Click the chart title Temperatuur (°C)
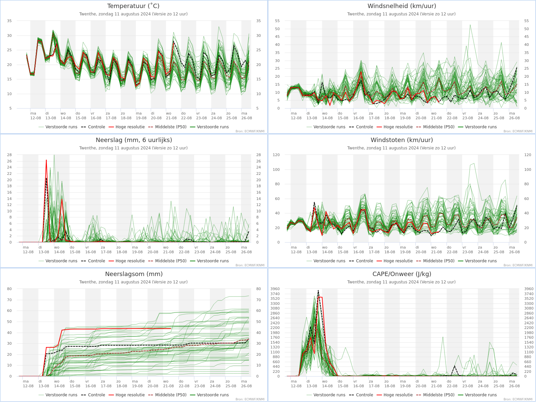click(133, 6)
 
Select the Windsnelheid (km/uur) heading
click(402, 6)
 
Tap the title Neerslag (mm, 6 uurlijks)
click(134, 140)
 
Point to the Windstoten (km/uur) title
click(402, 140)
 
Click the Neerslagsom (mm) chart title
click(134, 274)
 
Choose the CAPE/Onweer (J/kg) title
click(402, 274)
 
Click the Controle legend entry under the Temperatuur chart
click(93, 127)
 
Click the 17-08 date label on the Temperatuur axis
click(111, 118)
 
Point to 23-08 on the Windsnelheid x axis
click(468, 118)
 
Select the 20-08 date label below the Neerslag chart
click(153, 252)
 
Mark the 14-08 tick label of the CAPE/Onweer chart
click(327, 386)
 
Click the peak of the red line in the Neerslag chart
click(46, 160)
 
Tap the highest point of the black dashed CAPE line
click(318, 290)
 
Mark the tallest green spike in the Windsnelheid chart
click(470, 25)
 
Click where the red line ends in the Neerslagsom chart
click(171, 329)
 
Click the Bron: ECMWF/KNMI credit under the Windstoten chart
click(518, 265)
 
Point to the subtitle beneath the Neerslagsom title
click(133, 282)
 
